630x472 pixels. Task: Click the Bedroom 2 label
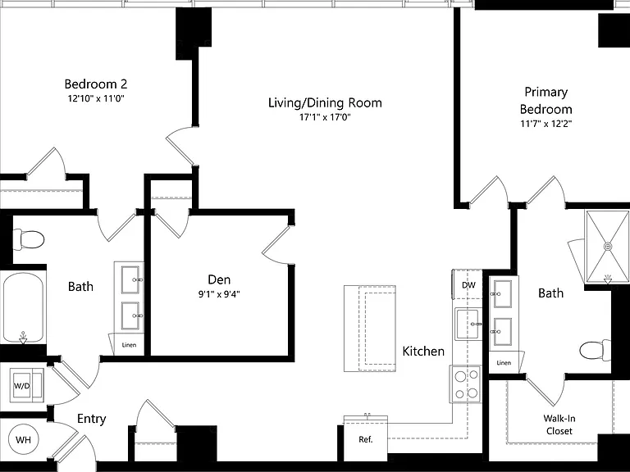[x=96, y=84]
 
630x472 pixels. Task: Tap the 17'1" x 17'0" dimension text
[x=325, y=117]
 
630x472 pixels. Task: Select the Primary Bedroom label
[x=546, y=100]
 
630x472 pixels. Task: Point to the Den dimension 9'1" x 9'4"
[x=219, y=294]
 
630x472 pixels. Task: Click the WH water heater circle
[x=23, y=439]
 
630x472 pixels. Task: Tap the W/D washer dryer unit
[x=26, y=386]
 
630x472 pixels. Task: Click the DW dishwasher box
[x=468, y=284]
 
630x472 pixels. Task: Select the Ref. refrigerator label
[x=366, y=439]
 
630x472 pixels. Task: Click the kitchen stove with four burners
[x=465, y=383]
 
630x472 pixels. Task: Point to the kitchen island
[x=370, y=329]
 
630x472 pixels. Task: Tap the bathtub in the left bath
[x=23, y=307]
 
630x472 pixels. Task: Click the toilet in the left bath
[x=28, y=240]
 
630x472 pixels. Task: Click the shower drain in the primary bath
[x=609, y=246]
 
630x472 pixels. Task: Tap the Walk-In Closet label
[x=559, y=424]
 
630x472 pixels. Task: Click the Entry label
[x=92, y=419]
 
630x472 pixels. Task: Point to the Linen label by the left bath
[x=129, y=345]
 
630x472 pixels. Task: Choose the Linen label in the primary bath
[x=504, y=362]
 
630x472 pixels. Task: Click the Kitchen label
[x=423, y=352]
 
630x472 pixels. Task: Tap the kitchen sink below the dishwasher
[x=468, y=324]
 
